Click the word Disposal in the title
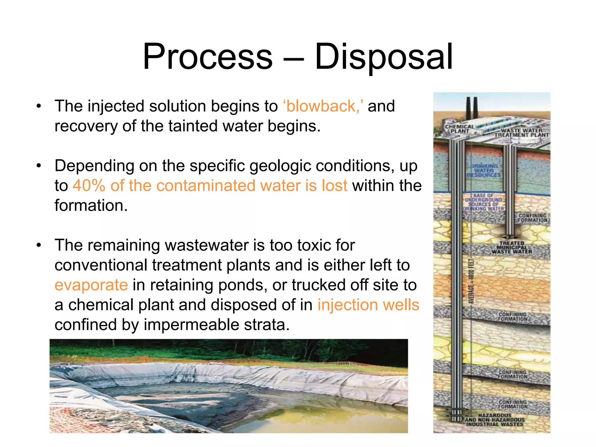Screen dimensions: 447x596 click(x=384, y=57)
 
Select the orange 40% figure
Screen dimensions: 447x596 click(x=89, y=186)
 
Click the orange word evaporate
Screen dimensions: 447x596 click(x=91, y=285)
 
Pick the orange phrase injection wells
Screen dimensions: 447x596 click(x=368, y=305)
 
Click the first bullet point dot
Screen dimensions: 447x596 click(x=39, y=106)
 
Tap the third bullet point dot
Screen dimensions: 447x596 click(x=39, y=245)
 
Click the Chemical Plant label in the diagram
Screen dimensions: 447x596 click(x=460, y=129)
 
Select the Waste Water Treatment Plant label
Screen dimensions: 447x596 click(x=521, y=133)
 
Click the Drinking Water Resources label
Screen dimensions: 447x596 click(x=484, y=171)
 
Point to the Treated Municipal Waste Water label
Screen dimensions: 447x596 click(x=512, y=247)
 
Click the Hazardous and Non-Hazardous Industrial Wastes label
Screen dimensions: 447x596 click(x=495, y=420)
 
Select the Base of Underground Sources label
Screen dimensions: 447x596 click(x=483, y=202)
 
